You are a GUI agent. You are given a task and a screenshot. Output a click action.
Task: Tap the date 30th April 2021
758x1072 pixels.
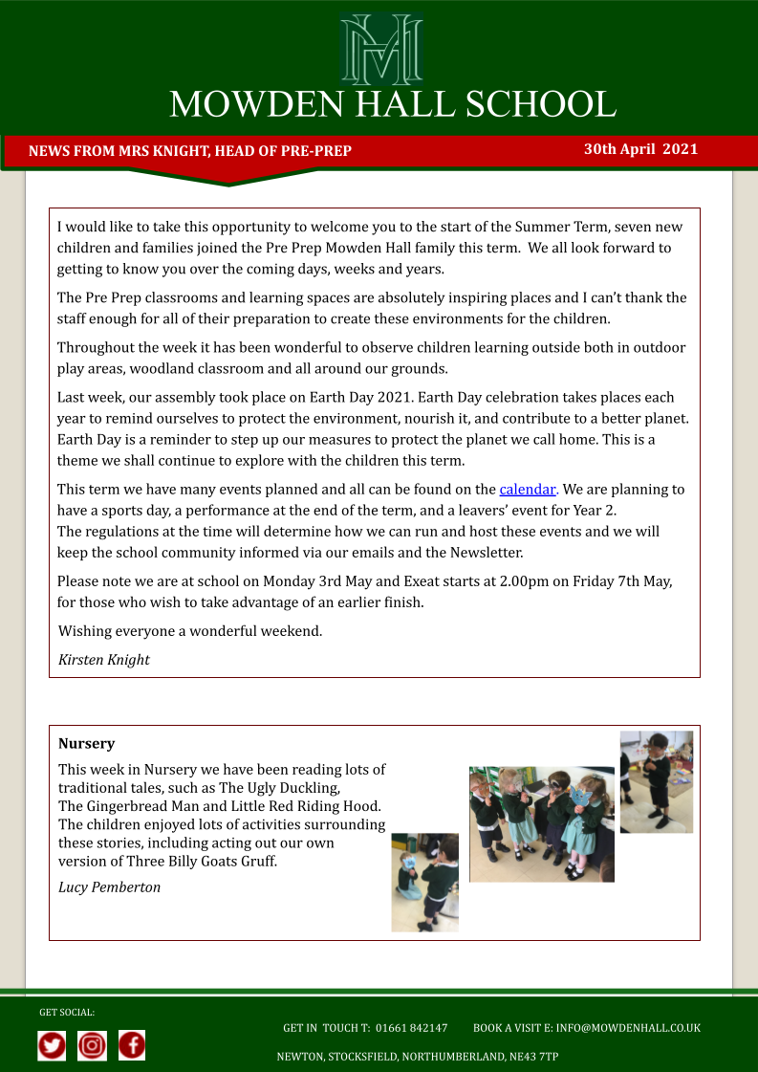640,149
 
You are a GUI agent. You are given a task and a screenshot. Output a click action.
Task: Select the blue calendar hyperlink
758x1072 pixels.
528,490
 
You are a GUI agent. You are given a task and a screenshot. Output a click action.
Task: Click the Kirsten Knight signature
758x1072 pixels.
103,660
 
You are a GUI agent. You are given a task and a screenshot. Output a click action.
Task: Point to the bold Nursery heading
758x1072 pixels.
86,743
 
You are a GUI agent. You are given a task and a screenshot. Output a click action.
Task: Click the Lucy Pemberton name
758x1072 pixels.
109,887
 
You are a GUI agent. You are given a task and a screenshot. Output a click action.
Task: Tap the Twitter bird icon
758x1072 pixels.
52,1045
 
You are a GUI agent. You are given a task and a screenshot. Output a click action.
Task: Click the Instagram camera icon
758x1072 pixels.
92,1045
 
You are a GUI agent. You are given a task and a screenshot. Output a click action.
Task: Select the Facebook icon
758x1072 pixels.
132,1045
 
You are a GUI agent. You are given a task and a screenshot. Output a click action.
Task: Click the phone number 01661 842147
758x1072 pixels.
411,1028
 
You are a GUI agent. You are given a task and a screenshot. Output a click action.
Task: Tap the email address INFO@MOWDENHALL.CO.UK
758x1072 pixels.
628,1028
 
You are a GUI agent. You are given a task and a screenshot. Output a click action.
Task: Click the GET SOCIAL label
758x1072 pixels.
67,1012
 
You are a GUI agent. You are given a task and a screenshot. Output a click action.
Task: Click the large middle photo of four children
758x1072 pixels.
541,823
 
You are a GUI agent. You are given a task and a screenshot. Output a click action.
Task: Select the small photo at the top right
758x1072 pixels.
656,781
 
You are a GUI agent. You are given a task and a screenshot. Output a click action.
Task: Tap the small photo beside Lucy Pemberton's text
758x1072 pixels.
424,882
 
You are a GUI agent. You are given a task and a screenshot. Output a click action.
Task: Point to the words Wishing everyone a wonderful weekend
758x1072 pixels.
190,631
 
